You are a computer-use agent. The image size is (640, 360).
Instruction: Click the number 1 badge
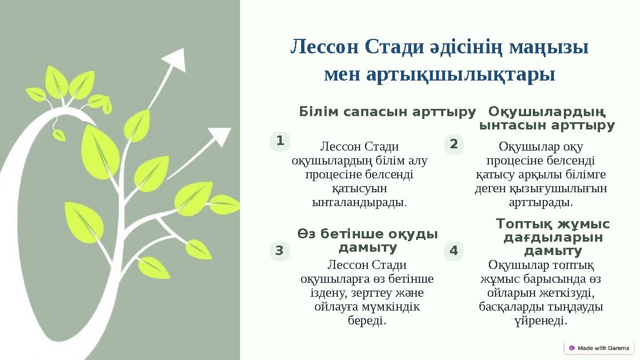[280, 142]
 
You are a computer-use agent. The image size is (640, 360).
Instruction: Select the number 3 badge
[279, 251]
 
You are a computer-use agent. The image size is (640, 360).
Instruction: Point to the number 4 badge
[454, 251]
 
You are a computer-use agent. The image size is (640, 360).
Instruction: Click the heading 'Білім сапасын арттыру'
[387, 112]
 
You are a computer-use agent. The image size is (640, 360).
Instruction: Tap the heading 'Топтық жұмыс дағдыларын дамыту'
[552, 238]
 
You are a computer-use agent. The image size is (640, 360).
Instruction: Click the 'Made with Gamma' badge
[598, 348]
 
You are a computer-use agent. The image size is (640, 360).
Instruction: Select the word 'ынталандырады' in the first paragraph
[359, 201]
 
